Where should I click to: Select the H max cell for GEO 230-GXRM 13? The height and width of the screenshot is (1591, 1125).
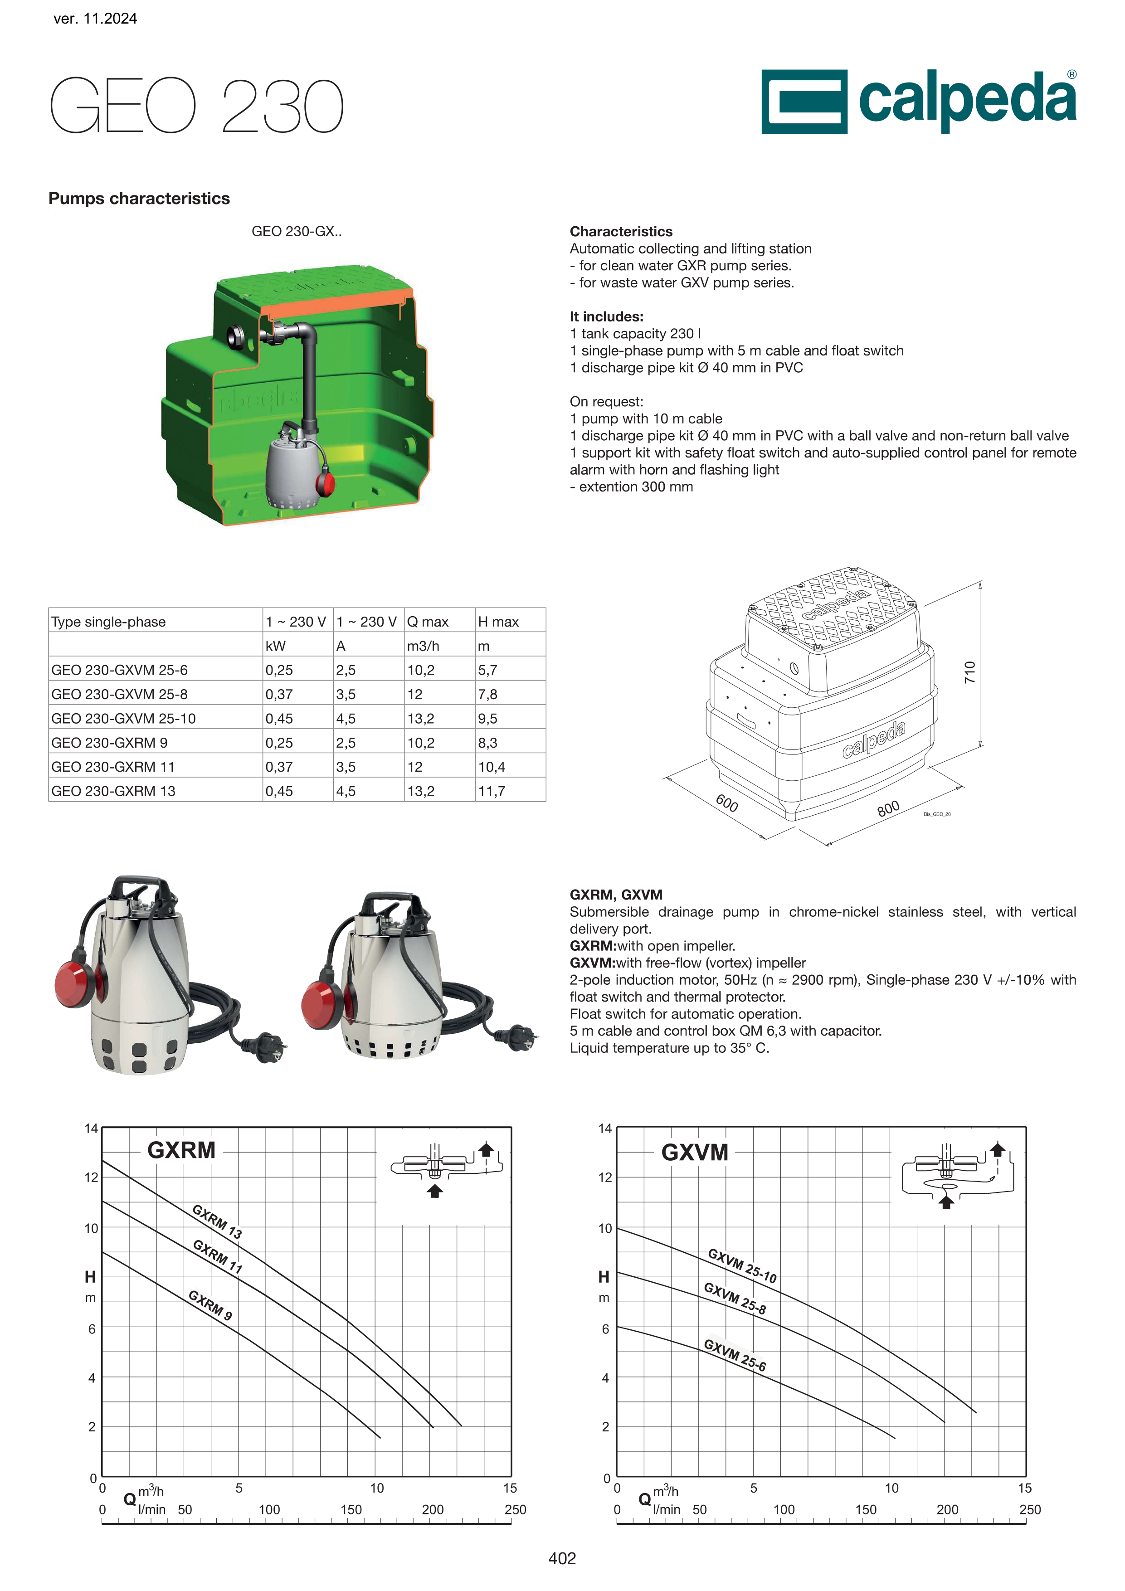492,791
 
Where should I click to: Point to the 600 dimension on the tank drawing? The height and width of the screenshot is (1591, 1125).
726,803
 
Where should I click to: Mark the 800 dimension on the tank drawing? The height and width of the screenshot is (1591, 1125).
888,808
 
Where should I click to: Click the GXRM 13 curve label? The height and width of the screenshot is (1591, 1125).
217,1221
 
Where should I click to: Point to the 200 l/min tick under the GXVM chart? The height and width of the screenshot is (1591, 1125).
948,1509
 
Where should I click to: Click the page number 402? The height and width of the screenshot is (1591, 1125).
562,1558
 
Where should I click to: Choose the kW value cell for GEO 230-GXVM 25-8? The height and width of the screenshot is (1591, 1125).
279,694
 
